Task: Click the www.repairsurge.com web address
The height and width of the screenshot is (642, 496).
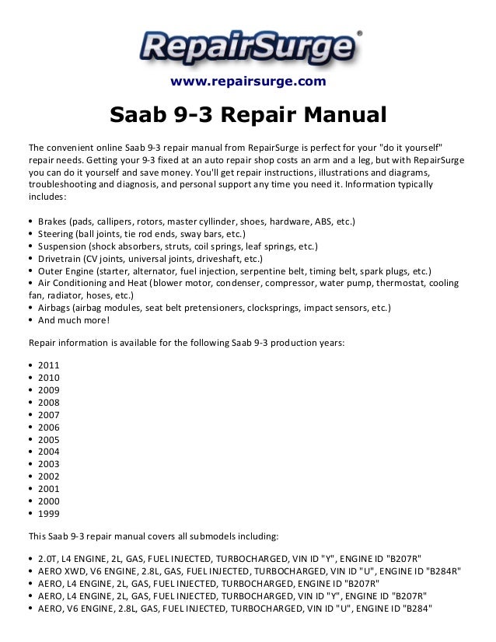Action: click(247, 81)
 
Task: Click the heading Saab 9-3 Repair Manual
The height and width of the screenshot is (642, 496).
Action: click(248, 116)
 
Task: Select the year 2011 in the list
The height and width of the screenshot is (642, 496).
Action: click(48, 365)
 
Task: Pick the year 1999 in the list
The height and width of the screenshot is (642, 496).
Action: click(48, 514)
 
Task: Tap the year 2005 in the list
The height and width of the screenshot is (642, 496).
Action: click(48, 439)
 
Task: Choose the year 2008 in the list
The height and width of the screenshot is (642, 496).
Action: click(48, 402)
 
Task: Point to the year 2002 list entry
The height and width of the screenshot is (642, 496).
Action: click(48, 476)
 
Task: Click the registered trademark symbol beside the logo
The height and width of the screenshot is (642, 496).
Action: click(358, 33)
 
